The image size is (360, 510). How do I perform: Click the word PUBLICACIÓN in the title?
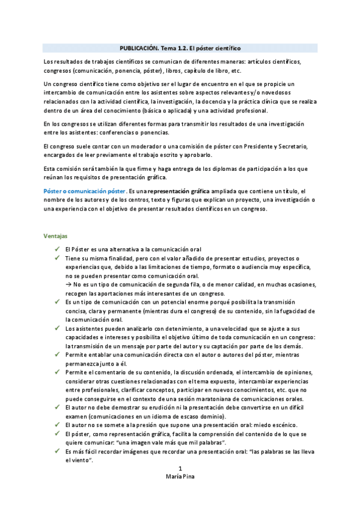click(138, 48)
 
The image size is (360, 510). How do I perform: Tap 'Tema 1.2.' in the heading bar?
click(175, 48)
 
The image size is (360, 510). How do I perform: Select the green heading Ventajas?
click(55, 235)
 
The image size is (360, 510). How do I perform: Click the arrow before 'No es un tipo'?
click(69, 284)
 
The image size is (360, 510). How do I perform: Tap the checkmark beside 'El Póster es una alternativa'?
click(56, 250)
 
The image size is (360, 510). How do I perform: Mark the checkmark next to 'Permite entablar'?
click(56, 355)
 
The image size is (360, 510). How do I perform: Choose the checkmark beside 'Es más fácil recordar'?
click(56, 450)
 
